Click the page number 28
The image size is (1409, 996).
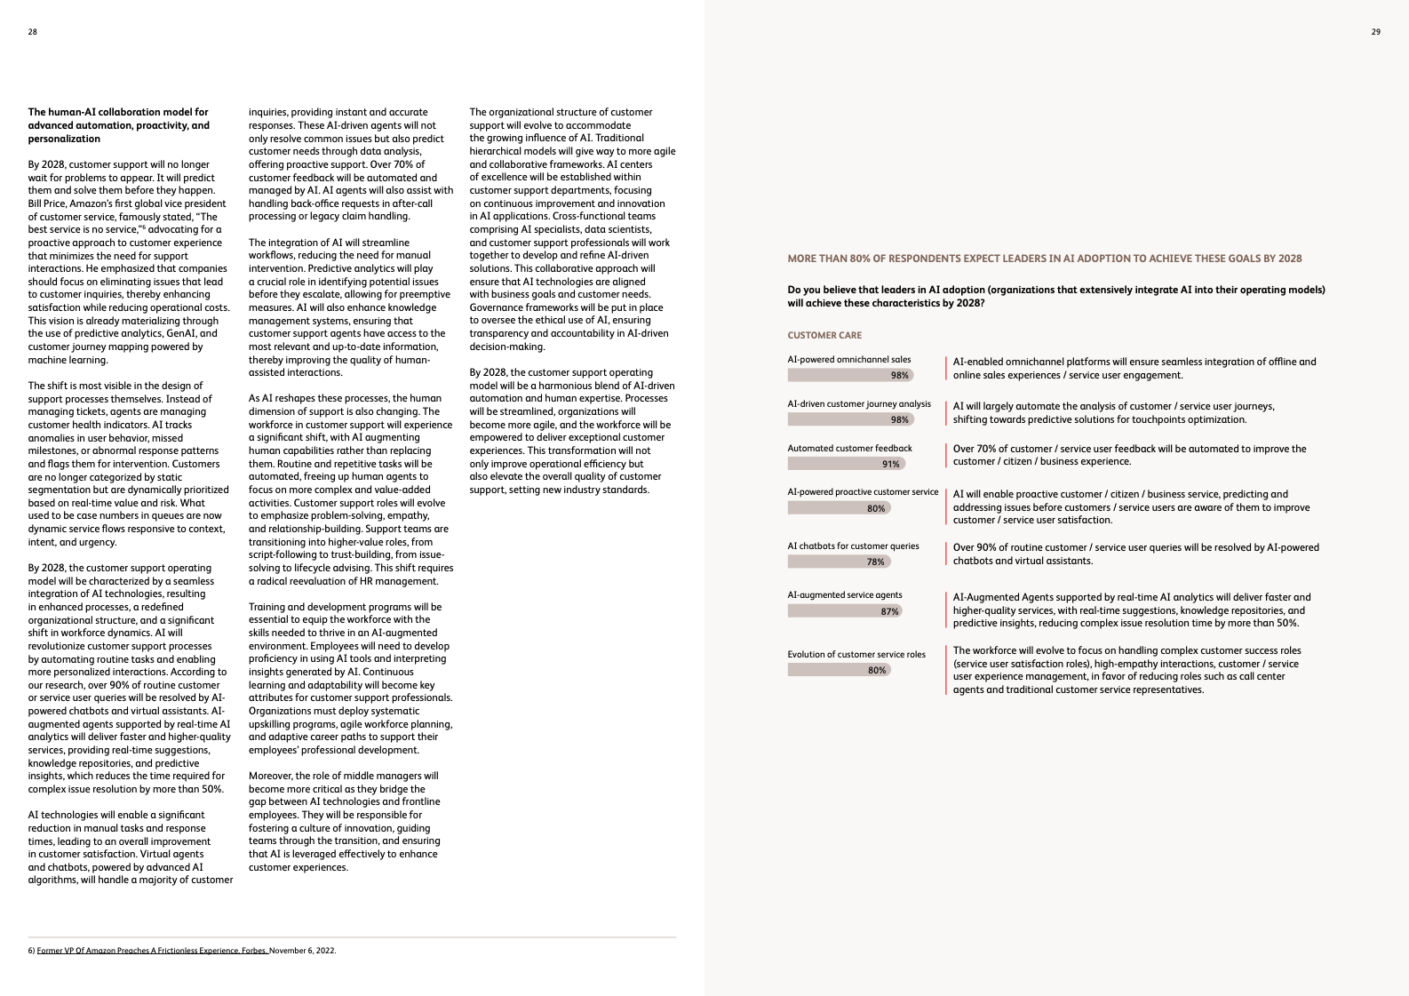[33, 32]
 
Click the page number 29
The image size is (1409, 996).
[1375, 32]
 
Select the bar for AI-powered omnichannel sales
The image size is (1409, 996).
[849, 375]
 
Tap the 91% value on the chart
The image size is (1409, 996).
[890, 464]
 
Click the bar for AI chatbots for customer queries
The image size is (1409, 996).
[838, 562]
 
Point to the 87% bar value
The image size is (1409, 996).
[889, 611]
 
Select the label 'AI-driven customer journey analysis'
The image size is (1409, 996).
[859, 404]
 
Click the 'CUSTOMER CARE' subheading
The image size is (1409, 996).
[824, 335]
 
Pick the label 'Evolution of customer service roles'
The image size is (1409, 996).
[856, 655]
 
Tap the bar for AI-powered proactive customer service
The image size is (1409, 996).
[838, 508]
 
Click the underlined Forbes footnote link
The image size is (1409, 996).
[152, 951]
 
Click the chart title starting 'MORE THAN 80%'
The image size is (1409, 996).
[1044, 259]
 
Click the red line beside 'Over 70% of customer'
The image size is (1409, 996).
[946, 455]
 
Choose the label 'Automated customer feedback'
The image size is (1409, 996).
[849, 449]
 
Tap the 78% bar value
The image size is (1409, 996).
[875, 562]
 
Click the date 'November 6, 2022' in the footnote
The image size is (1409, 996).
[303, 951]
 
